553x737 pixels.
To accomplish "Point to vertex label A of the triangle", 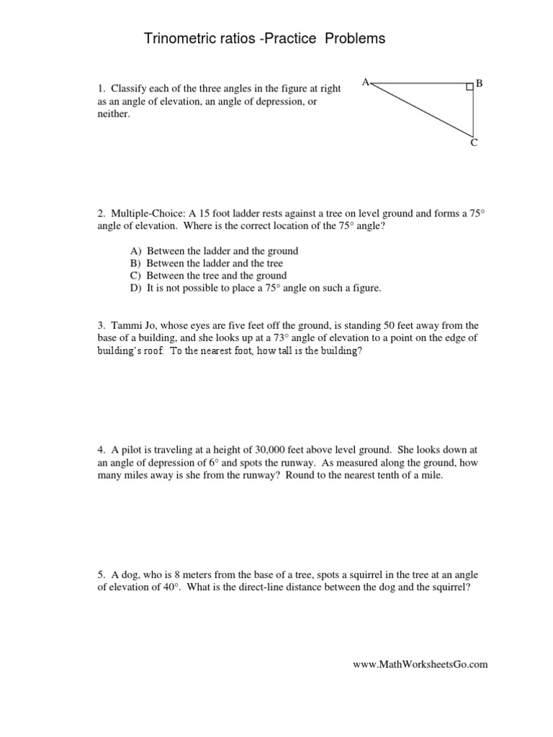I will click(x=365, y=83).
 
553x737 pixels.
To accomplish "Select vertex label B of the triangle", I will click(x=480, y=83).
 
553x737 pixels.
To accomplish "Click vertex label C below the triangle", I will click(x=474, y=143).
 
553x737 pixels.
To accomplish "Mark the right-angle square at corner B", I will click(x=469, y=87).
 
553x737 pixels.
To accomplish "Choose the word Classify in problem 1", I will click(x=131, y=89).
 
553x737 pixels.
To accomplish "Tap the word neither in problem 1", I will click(x=113, y=114).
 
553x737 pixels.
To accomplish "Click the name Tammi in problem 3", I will click(x=127, y=325).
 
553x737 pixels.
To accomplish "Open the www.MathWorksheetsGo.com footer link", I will click(x=420, y=664).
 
